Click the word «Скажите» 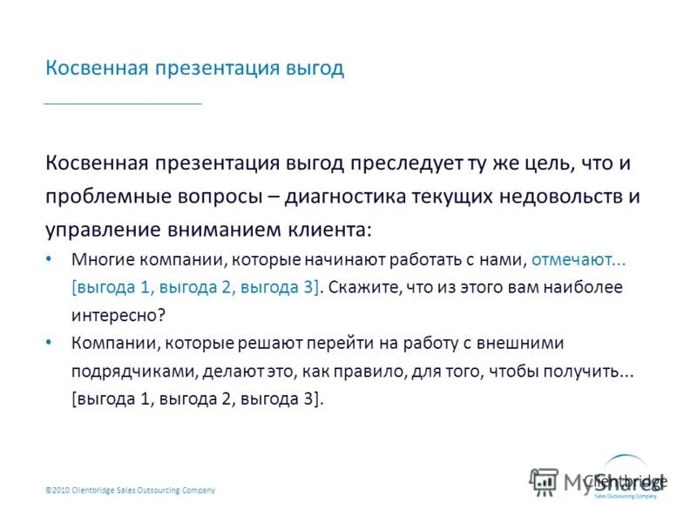click(x=364, y=286)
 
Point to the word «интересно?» click(x=118, y=314)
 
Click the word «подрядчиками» click(x=134, y=371)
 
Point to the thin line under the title click(x=123, y=104)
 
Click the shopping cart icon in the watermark click(x=544, y=481)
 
